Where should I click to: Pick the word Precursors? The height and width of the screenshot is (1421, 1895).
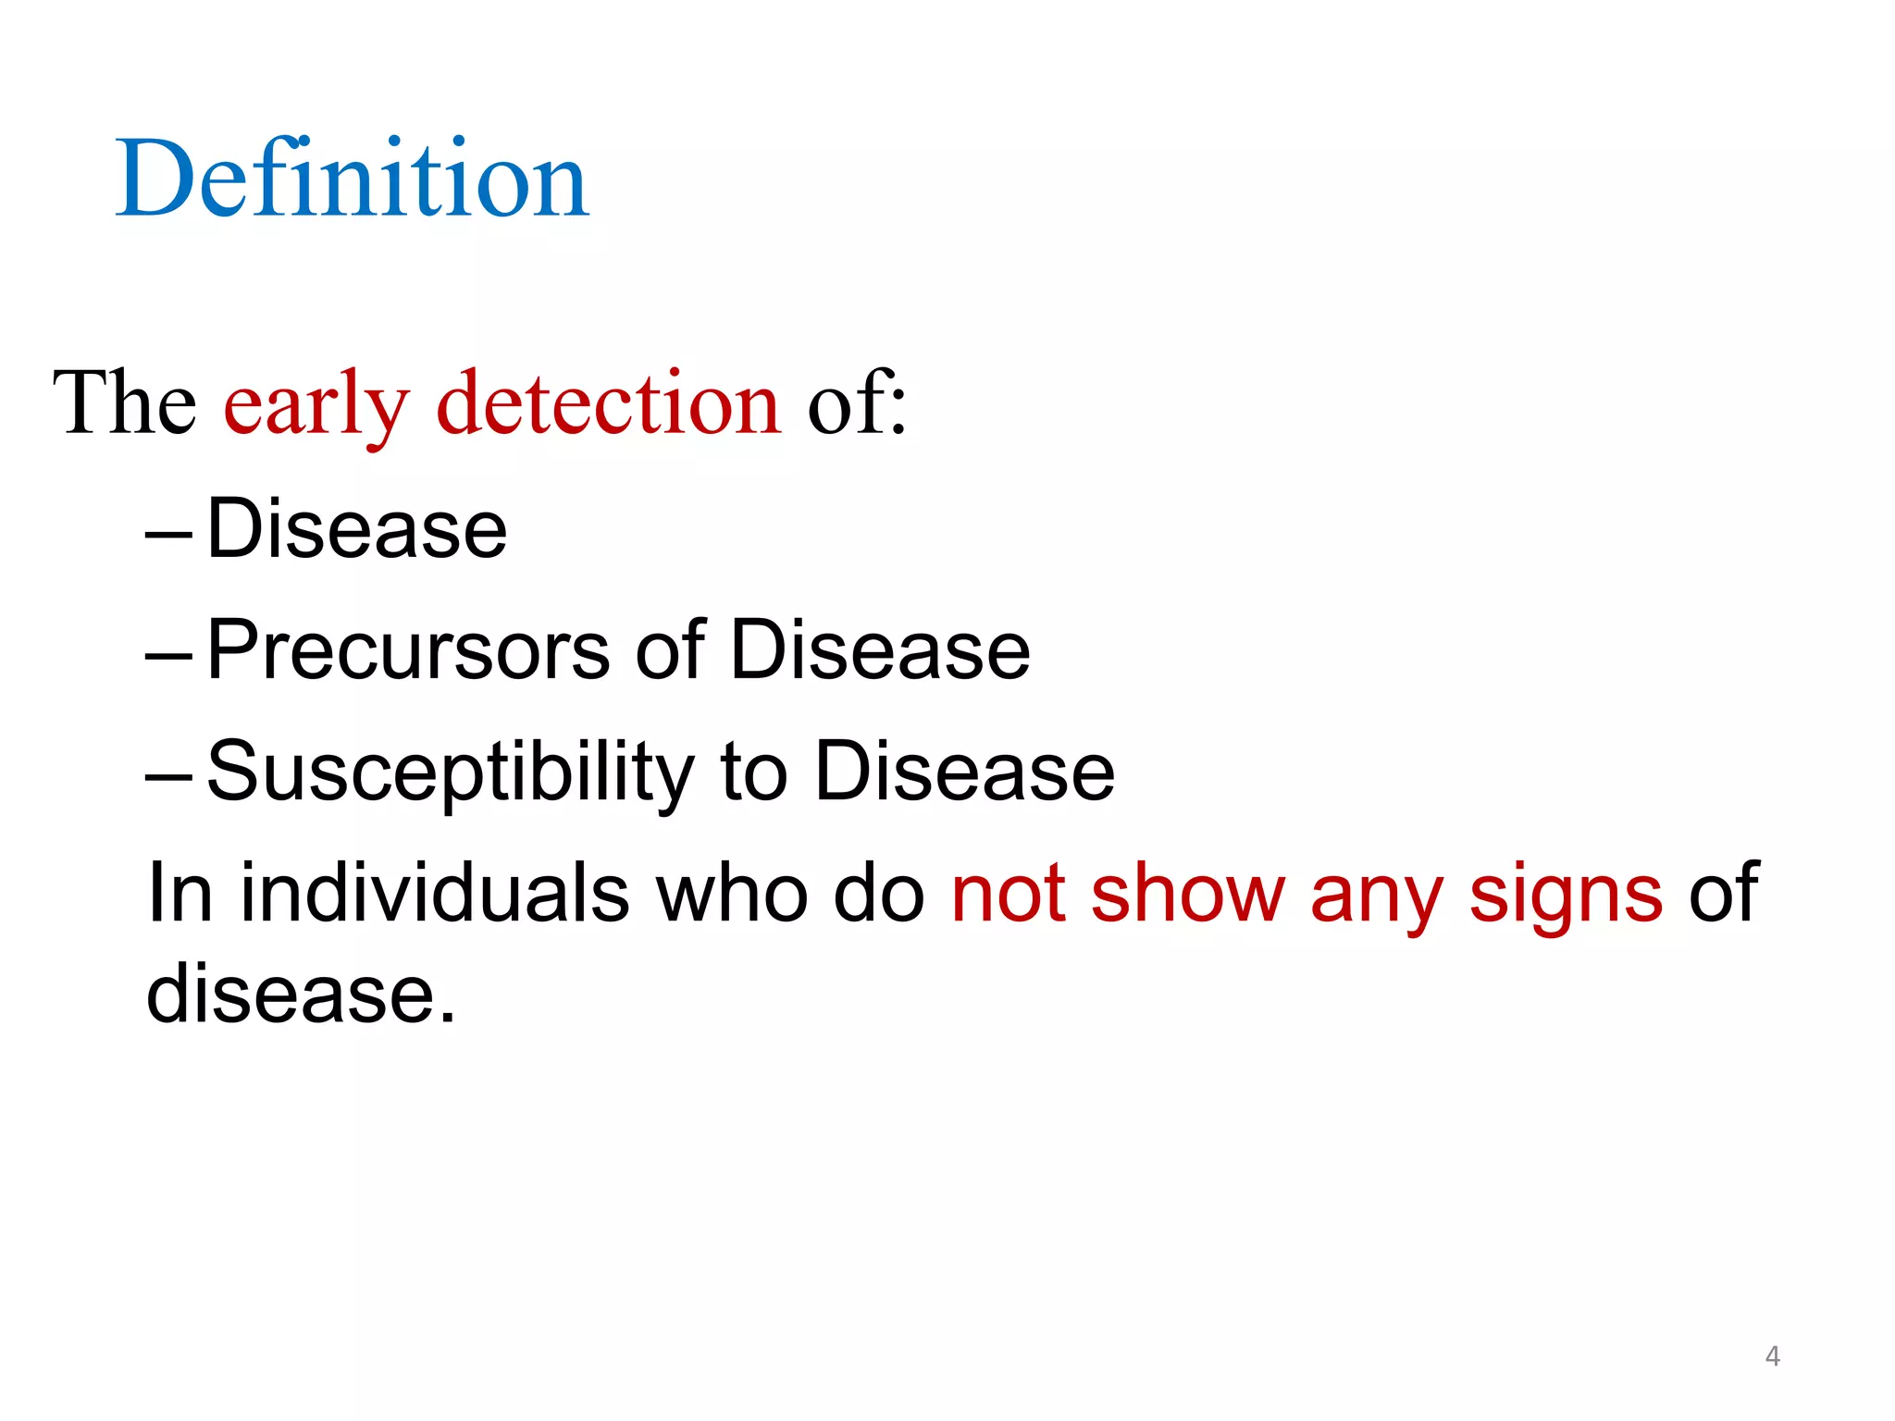pos(408,650)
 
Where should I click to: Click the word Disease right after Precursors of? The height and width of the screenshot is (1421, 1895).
pos(880,650)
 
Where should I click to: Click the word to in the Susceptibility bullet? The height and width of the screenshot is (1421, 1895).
pos(753,772)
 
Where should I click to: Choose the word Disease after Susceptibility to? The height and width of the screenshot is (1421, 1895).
pos(964,772)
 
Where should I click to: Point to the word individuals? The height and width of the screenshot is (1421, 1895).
pos(435,893)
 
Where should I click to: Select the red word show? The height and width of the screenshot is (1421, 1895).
pos(1188,893)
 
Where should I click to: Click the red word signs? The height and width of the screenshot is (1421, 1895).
pos(1566,896)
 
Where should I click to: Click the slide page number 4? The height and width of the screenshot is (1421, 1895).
pos(1772,1356)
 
